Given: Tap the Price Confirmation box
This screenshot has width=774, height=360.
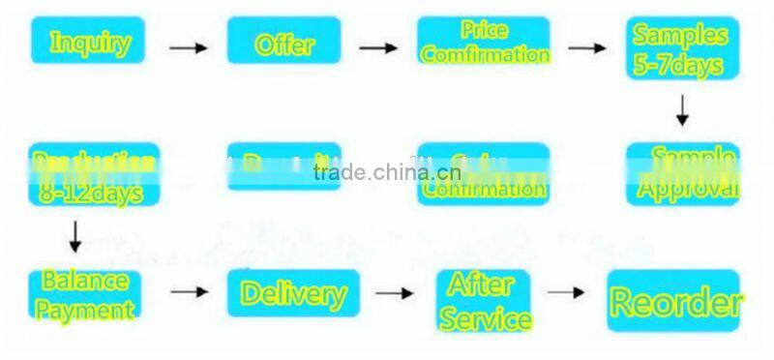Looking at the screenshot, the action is [x=484, y=42].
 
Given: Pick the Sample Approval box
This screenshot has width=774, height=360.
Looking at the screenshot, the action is [x=682, y=174].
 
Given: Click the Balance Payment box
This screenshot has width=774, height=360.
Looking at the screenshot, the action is [x=85, y=295].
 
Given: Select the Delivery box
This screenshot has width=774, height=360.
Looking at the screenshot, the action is [x=293, y=292].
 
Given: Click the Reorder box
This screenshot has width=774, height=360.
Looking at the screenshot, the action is [x=673, y=301].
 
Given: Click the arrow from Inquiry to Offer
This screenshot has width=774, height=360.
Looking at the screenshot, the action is [x=188, y=46].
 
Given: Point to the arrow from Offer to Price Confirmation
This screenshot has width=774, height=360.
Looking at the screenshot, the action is [x=378, y=46].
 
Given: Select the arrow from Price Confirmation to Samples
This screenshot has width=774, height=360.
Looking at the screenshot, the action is [x=586, y=46].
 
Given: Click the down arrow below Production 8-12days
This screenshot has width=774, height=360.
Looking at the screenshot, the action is [x=75, y=235].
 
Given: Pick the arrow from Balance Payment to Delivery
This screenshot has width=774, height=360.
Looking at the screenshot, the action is [x=190, y=290].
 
